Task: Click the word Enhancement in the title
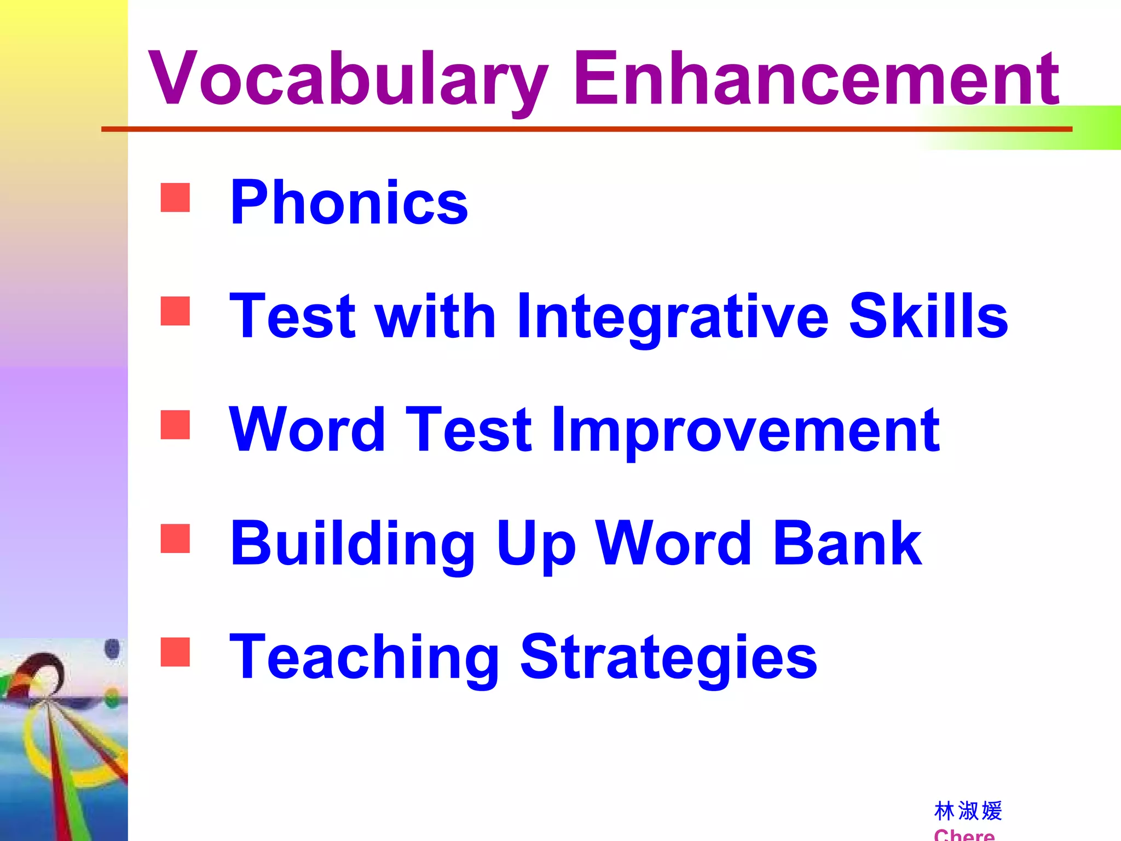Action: pos(816,79)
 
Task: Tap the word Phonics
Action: pos(349,203)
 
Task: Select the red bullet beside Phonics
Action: pos(175,198)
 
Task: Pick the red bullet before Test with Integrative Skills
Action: pos(175,311)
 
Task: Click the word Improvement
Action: pos(746,431)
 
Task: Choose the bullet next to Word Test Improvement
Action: pos(175,425)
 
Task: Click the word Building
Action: pos(353,545)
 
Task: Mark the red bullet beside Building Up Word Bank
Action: pos(175,538)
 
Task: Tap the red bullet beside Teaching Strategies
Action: pos(175,652)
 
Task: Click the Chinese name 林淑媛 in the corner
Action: pos(968,811)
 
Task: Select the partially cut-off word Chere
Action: pos(964,834)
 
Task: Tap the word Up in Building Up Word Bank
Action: pos(536,545)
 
